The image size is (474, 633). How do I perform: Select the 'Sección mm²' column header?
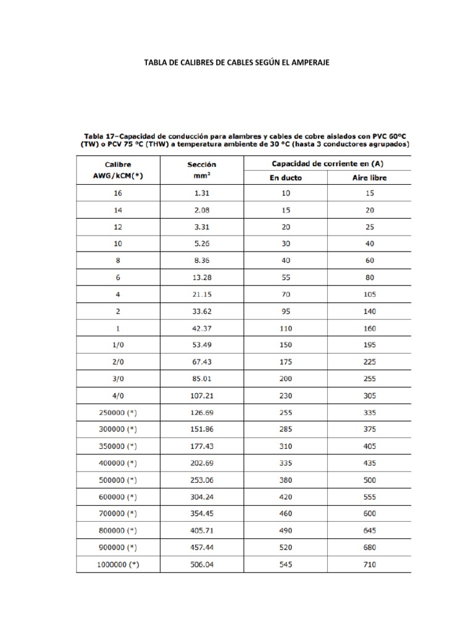click(202, 170)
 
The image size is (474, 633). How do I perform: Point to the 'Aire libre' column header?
click(370, 177)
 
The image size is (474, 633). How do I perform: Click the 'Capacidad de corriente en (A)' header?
click(327, 163)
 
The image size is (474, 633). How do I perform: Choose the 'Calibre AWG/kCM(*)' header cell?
click(118, 170)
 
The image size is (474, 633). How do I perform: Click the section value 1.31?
click(202, 193)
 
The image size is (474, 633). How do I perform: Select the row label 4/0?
click(118, 394)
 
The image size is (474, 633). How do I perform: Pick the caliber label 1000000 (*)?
click(118, 564)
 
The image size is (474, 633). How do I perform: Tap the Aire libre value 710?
click(370, 564)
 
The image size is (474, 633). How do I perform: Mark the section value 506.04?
click(202, 564)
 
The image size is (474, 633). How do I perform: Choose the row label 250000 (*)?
click(118, 412)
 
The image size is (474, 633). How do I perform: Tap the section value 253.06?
click(202, 480)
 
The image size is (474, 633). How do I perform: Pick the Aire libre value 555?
click(370, 496)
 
